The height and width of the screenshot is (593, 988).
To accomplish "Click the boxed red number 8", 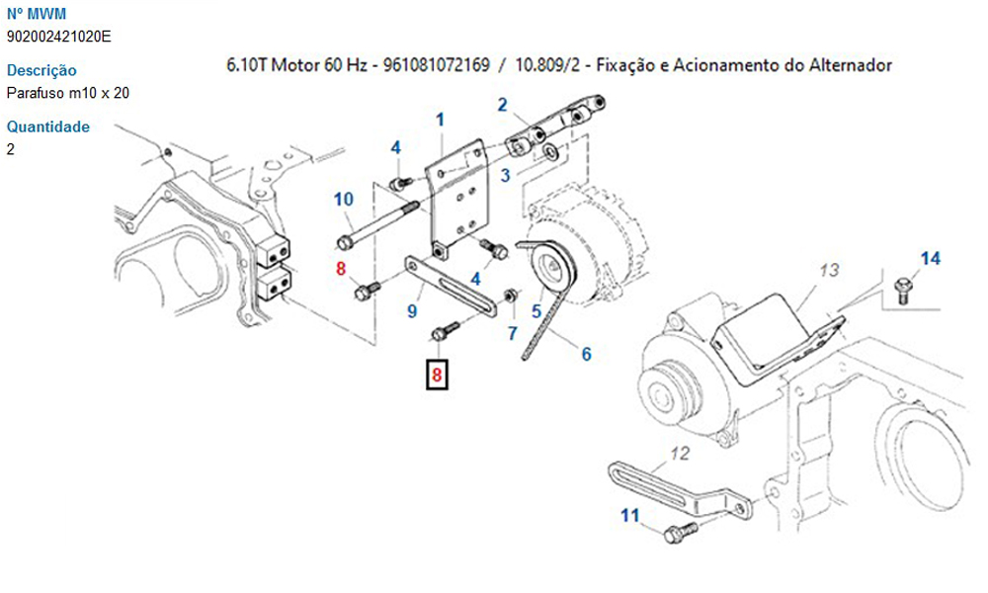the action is (x=437, y=375).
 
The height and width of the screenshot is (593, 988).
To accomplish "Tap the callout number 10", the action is (x=344, y=199).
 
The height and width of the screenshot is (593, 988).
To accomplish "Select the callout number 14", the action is (x=930, y=258).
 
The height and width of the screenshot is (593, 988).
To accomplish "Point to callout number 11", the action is (x=630, y=516).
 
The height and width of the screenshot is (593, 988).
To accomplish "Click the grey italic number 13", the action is (x=829, y=270).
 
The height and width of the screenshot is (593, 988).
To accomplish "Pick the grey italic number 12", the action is (x=680, y=453).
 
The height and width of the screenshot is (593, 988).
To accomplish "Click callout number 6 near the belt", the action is (x=587, y=354).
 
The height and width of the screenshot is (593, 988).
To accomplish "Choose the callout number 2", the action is (x=502, y=105).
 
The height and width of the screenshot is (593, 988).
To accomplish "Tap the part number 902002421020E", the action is (x=58, y=37).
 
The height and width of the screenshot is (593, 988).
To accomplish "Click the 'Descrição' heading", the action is (x=41, y=70).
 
